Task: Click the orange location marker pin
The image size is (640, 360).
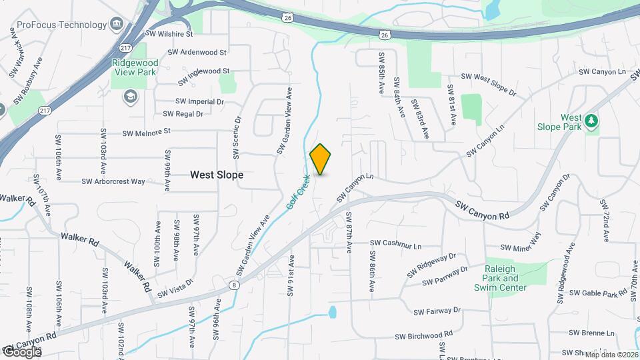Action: tap(321, 159)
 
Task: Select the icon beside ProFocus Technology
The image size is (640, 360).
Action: tap(117, 25)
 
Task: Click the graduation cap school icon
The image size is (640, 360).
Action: tap(129, 98)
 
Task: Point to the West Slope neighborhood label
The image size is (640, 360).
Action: tap(217, 175)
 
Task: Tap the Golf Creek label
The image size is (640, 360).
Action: tap(299, 193)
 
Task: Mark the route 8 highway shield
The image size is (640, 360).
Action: tap(235, 285)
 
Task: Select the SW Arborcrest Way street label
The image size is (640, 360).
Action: tap(113, 181)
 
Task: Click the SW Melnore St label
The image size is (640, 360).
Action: tap(147, 132)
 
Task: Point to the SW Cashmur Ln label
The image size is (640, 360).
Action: tap(396, 243)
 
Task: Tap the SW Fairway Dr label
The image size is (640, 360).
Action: tap(437, 311)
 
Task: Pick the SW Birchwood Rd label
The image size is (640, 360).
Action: tap(424, 337)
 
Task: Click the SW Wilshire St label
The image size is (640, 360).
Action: tap(171, 33)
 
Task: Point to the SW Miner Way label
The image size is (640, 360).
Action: tap(520, 247)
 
